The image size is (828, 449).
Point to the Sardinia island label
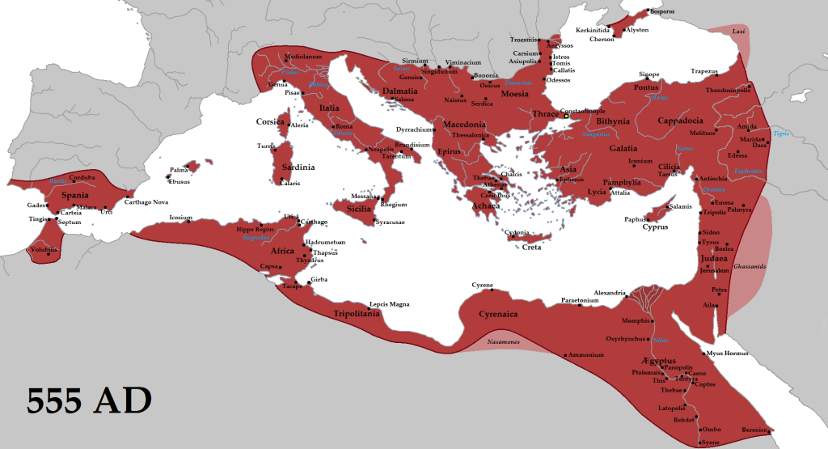coord(298,167)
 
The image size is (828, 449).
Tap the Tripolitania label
coord(357,313)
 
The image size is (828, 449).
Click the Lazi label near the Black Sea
coord(738,31)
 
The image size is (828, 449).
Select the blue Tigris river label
coord(780,133)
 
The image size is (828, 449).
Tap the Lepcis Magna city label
coord(389,304)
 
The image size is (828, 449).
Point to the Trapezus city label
coord(704,71)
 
